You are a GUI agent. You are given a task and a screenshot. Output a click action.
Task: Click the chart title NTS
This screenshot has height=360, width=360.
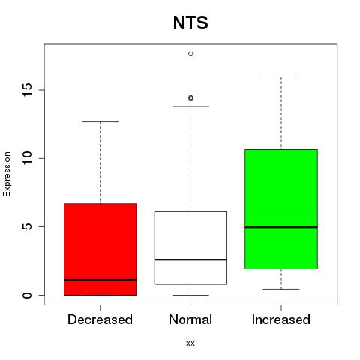coord(190,22)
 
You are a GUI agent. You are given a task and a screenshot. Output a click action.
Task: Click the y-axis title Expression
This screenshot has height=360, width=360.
coord(7,174)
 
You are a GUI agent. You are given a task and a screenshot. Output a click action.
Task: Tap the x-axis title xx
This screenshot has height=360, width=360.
coord(190,343)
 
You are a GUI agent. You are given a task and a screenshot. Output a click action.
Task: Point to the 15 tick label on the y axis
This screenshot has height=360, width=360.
coord(27,90)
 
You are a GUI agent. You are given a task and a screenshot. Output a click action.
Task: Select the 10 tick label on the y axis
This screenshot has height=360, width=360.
coord(27,158)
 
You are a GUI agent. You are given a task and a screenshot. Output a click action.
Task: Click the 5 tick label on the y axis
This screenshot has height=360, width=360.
coord(27,226)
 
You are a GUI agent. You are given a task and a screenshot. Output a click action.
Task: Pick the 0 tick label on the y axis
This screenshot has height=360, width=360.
coord(27,295)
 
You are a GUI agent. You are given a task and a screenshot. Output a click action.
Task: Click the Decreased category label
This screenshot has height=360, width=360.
coord(100,319)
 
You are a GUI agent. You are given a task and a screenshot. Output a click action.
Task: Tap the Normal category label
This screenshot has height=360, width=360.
coord(190,319)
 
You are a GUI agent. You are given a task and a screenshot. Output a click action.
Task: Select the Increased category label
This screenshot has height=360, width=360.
coord(281,319)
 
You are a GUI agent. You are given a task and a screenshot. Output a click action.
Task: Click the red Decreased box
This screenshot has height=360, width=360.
coord(100,249)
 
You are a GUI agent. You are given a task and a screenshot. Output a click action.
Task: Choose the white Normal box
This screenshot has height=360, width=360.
coord(190,248)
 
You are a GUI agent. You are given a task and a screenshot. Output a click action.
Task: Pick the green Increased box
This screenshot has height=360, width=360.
coord(281,209)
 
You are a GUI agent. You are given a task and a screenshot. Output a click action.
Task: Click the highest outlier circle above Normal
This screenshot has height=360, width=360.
coord(190,54)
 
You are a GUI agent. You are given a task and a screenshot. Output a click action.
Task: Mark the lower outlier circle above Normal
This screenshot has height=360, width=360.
coord(190,98)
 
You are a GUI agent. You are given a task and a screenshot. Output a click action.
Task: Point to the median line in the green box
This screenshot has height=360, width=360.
coord(281,227)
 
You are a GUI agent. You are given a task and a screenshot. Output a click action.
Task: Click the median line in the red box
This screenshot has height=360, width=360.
coord(100,280)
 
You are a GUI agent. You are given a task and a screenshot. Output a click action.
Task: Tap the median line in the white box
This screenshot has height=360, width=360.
coord(190,259)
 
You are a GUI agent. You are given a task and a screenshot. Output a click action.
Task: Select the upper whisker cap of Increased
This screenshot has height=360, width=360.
coord(281,76)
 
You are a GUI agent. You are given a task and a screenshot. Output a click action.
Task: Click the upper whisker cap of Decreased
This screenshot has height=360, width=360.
coord(100,121)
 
